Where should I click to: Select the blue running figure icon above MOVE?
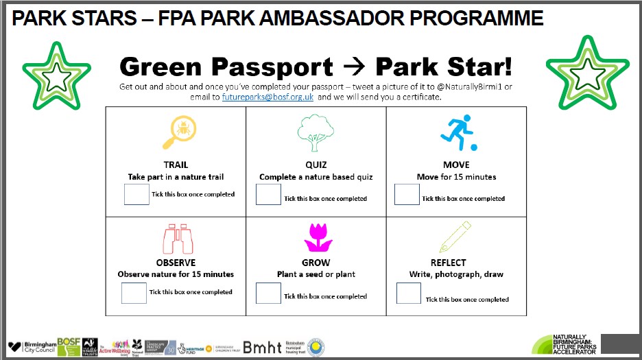456,133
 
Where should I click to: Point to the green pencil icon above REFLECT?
456,237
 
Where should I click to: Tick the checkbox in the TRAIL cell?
136,194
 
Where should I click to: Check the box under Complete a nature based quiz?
268,195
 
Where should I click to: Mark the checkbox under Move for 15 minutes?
407,195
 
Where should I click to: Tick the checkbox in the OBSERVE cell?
134,293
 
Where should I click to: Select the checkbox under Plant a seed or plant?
268,293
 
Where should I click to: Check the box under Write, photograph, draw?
409,293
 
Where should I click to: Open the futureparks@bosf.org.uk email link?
267,97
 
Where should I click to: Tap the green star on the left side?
56,78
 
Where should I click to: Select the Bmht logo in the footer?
261,347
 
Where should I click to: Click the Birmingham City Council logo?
31,347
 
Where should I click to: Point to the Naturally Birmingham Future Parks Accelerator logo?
565,345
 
